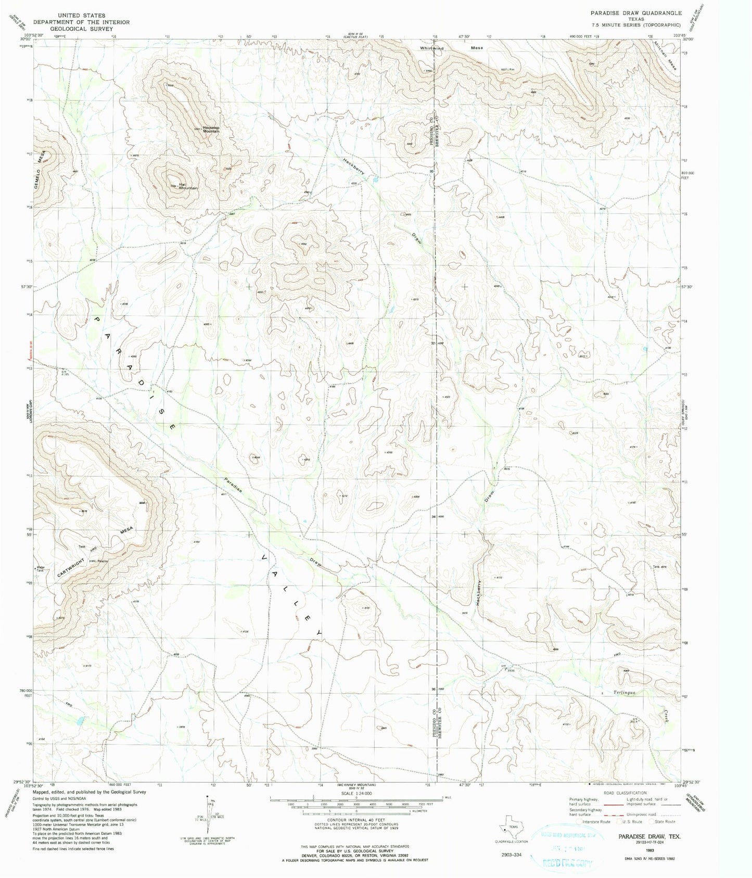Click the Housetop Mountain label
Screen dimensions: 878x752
pyautogui.click(x=211, y=129)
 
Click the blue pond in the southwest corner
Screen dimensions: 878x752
pyautogui.click(x=79, y=722)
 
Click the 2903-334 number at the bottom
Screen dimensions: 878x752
pyautogui.click(x=512, y=855)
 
